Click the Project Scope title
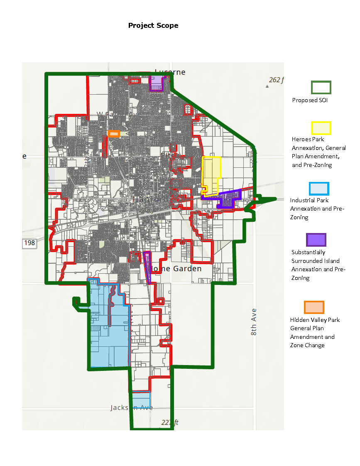(153, 25)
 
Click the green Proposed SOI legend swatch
(321, 87)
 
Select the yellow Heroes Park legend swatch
(321, 128)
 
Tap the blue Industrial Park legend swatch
(319, 189)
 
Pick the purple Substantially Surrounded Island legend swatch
(316, 240)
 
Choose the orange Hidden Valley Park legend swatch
(314, 307)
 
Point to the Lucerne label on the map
(170, 72)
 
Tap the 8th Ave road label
(254, 321)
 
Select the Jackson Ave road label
(131, 407)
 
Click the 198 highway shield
(29, 243)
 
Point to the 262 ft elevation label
(276, 80)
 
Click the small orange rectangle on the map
(113, 134)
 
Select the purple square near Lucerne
(156, 83)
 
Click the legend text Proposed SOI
(310, 100)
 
